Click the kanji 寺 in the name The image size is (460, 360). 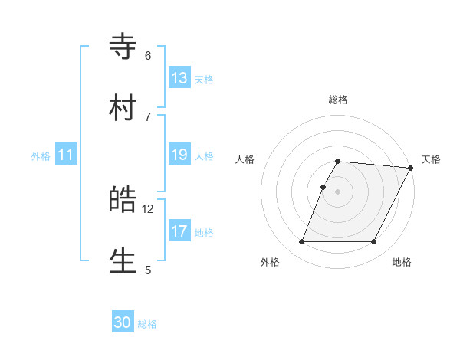click(123, 47)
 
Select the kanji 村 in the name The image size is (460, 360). click(123, 107)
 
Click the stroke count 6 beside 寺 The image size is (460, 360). click(148, 55)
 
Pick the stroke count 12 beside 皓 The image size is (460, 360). click(148, 208)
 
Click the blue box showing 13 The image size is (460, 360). click(179, 78)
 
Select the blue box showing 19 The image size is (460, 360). click(179, 155)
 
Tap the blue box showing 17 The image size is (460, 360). click(179, 231)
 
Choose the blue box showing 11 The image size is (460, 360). click(66, 155)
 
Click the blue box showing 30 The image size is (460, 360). click(123, 322)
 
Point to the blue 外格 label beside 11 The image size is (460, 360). click(41, 156)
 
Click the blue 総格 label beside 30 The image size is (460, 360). click(148, 324)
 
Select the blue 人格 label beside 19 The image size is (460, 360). click(204, 156)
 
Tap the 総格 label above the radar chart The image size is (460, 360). click(338, 100)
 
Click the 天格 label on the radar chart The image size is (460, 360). click(431, 159)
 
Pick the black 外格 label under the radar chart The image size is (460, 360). click(270, 262)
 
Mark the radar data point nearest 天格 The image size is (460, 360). click(411, 168)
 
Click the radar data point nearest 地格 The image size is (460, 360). click(374, 242)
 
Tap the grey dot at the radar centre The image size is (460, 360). click(338, 191)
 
